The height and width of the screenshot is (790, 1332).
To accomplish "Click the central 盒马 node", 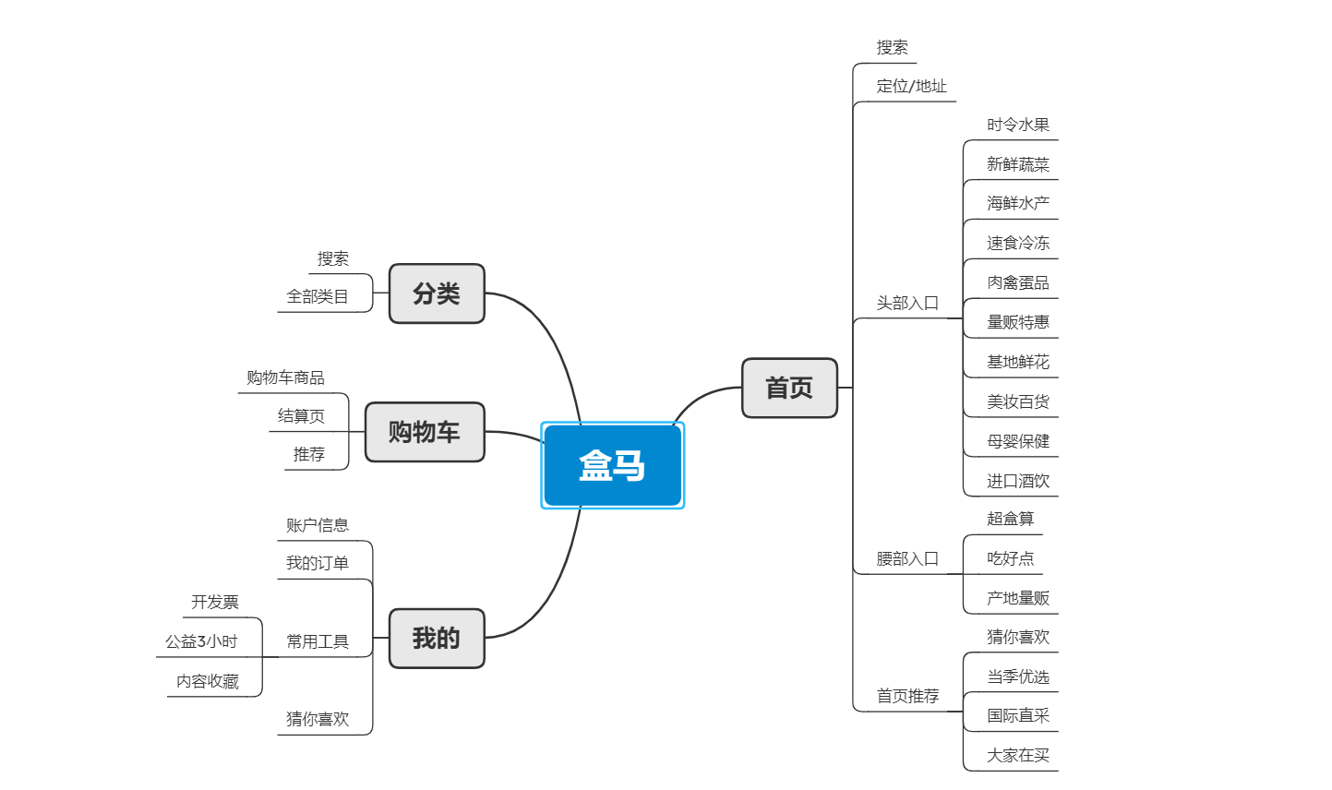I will click(612, 465).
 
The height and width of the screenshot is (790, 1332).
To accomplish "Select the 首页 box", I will click(789, 388).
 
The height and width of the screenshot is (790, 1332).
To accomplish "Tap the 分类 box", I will click(437, 293).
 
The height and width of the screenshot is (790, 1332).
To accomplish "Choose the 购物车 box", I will click(425, 431).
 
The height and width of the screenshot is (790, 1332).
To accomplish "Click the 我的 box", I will click(437, 638).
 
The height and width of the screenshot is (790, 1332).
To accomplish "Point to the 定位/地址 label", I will click(911, 86).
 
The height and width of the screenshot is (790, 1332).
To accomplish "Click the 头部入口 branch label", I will click(906, 303).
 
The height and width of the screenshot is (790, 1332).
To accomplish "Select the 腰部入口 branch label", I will click(906, 558).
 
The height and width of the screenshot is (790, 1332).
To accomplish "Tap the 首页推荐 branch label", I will click(906, 696).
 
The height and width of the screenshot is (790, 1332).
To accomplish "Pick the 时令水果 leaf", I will click(1017, 125).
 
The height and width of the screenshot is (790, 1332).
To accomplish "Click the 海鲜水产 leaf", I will click(1017, 203).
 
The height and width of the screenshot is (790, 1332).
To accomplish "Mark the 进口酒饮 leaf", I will click(1017, 481).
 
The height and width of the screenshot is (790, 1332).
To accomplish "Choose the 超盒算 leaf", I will click(1010, 519).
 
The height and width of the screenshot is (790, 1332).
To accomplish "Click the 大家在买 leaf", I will click(1017, 755).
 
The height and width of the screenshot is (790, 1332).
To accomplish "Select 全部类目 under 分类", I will click(317, 296).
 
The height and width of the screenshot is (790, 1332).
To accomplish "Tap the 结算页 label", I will click(301, 416).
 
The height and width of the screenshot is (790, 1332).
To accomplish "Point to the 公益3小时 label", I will click(201, 641).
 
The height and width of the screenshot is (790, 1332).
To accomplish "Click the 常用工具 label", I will click(317, 641).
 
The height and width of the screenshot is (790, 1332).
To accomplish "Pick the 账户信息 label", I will click(317, 525).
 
